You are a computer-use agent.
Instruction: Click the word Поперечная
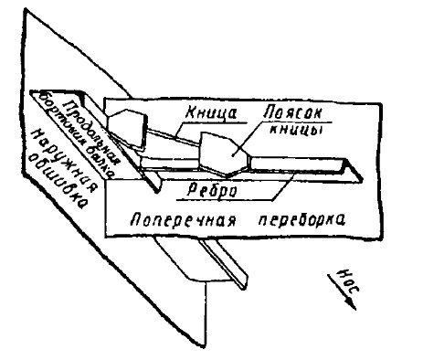point(169,222)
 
